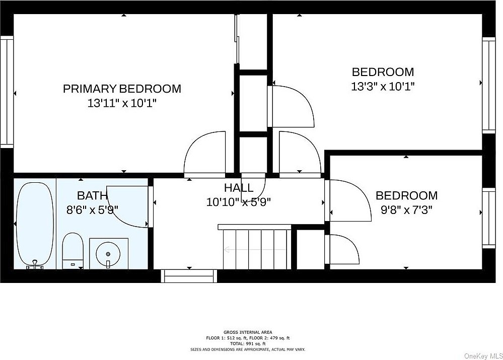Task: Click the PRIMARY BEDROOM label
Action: (x=122, y=89)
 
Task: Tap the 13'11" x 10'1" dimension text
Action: (x=122, y=103)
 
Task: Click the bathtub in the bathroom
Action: (x=35, y=225)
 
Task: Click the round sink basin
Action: (x=108, y=253)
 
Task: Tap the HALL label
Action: (x=239, y=188)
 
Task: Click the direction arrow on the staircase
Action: (x=255, y=249)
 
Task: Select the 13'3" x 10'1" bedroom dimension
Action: (x=383, y=87)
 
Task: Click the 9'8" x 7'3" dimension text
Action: (x=407, y=210)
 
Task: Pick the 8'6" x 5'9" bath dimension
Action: (x=92, y=210)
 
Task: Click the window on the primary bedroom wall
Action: (x=7, y=92)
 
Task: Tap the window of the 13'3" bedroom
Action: (x=489, y=85)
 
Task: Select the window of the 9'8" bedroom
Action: (x=489, y=218)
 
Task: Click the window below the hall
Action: (x=189, y=276)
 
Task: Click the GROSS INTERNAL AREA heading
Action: (x=248, y=332)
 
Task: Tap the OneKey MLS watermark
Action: (x=483, y=356)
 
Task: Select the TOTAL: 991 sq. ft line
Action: (x=248, y=343)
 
